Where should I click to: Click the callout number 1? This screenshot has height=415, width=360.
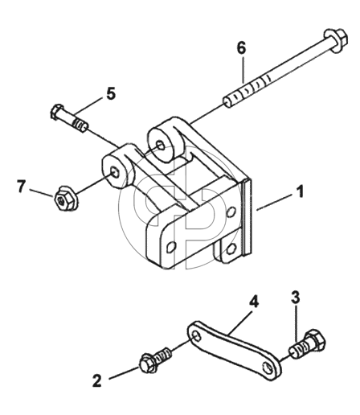point(301,191)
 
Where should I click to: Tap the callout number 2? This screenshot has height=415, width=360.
point(97,380)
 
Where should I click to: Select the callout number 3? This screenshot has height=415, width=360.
point(296,298)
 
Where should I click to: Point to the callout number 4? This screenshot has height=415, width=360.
point(254,302)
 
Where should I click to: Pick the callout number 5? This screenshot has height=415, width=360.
point(110,93)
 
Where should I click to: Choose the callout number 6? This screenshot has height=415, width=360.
point(241,48)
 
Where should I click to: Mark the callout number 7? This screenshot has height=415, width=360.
point(21,187)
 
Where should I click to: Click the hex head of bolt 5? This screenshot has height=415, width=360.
point(56,111)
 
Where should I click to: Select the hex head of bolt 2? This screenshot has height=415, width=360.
point(148,364)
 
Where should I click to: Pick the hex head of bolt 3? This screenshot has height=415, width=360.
point(316,339)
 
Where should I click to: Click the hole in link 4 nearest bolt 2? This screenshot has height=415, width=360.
point(197,335)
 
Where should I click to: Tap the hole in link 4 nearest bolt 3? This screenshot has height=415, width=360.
point(268,368)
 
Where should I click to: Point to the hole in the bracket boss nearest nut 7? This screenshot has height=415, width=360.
point(115,172)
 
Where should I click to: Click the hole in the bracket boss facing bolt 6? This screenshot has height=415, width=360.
point(161,146)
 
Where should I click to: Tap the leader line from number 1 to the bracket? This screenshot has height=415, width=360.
point(275,202)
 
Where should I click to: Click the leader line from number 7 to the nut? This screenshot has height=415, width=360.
point(41,193)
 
